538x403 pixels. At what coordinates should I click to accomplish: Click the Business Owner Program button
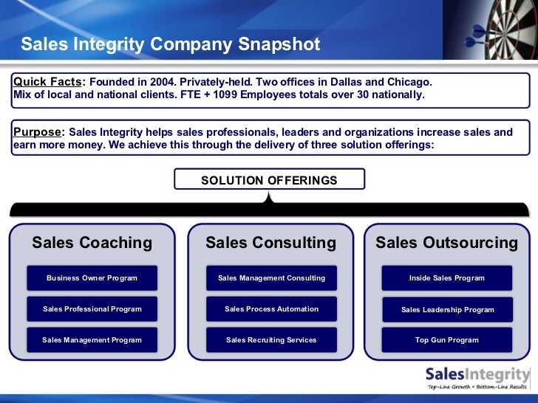tap(92, 278)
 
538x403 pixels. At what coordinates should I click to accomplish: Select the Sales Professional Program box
tap(92, 309)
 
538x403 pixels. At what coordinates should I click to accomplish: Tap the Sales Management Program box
tap(92, 340)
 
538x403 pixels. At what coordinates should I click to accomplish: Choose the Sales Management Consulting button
tap(271, 278)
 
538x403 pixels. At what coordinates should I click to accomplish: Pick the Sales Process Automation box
tap(271, 309)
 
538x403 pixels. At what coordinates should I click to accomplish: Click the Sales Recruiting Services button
tap(271, 340)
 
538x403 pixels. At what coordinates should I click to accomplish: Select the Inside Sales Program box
tap(446, 278)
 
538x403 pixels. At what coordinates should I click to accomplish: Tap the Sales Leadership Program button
tap(446, 309)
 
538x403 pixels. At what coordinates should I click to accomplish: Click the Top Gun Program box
tap(446, 340)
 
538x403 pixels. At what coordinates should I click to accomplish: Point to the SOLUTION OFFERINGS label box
tap(269, 180)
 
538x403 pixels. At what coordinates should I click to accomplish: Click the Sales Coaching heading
tap(92, 243)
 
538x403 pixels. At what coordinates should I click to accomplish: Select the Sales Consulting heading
tap(270, 243)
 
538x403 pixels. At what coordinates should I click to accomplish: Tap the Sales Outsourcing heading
tap(446, 243)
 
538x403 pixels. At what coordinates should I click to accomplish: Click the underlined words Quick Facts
tap(47, 82)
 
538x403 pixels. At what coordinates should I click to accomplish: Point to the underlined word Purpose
tap(38, 132)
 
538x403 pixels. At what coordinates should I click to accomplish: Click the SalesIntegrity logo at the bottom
tap(477, 376)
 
